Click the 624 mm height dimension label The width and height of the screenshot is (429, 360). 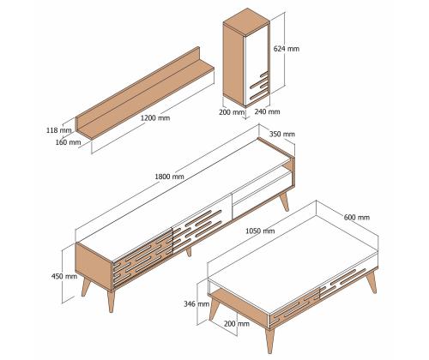[x=287, y=49]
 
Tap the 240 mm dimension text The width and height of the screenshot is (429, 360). [x=268, y=111]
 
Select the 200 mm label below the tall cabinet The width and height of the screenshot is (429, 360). [x=232, y=111]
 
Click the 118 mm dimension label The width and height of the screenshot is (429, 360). [x=57, y=131]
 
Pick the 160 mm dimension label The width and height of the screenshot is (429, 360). [x=57, y=143]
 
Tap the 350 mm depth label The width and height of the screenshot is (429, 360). [x=281, y=134]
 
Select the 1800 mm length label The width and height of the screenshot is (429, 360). [x=169, y=177]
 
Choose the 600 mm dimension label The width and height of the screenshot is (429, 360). [x=357, y=218]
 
